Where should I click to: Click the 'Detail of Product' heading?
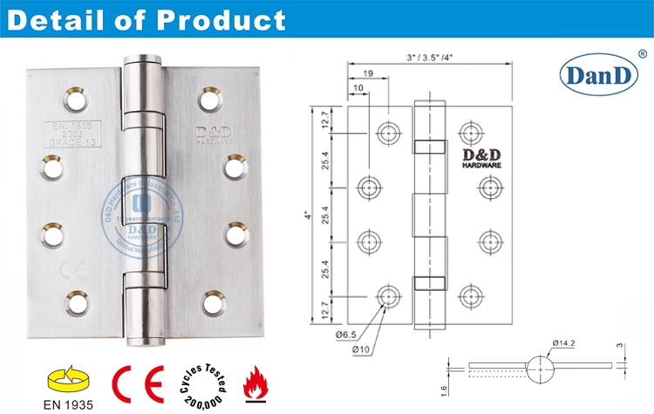(x=146, y=20)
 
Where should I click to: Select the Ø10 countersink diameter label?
(x=358, y=349)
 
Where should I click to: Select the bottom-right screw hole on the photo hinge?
(x=212, y=303)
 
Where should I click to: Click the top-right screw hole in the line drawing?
(x=473, y=133)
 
